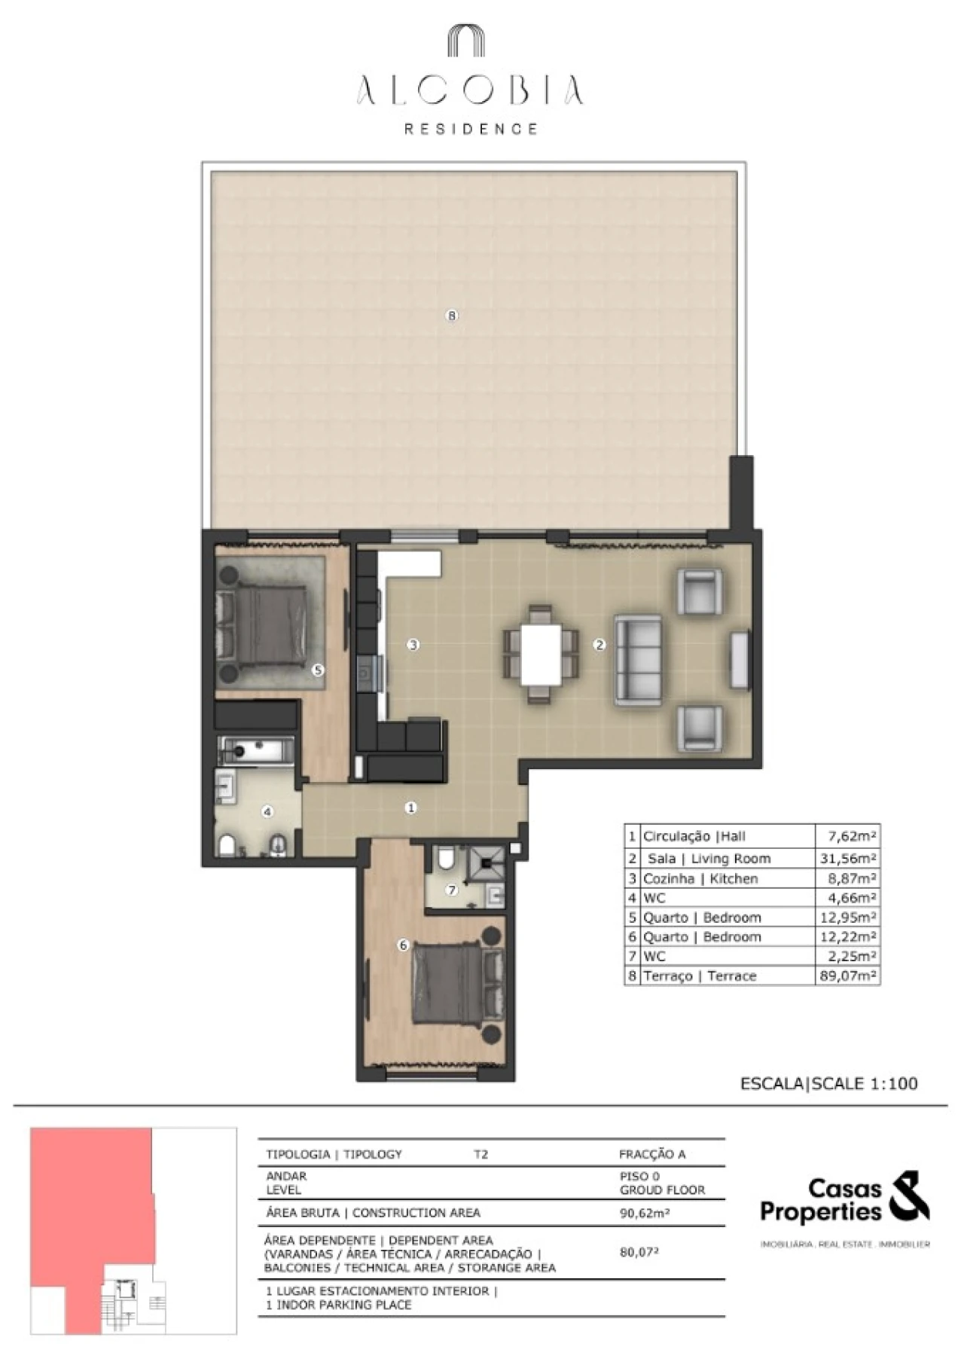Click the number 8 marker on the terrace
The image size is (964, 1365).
452,316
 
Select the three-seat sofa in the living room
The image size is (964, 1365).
638,660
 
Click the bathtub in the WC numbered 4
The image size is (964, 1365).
256,750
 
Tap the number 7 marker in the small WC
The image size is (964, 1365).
452,890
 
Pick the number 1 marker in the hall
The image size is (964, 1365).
410,808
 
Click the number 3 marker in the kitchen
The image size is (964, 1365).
413,645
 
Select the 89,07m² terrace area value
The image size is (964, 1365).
848,976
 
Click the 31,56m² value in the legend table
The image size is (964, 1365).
848,858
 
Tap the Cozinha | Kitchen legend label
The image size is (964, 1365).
700,878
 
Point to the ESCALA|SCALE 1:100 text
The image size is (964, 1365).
829,1083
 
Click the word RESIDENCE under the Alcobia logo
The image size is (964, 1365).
471,129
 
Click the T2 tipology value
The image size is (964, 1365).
480,1154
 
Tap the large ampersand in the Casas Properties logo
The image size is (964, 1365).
909,1196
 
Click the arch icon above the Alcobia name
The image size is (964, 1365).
467,41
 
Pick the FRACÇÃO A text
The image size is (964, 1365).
652,1154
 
